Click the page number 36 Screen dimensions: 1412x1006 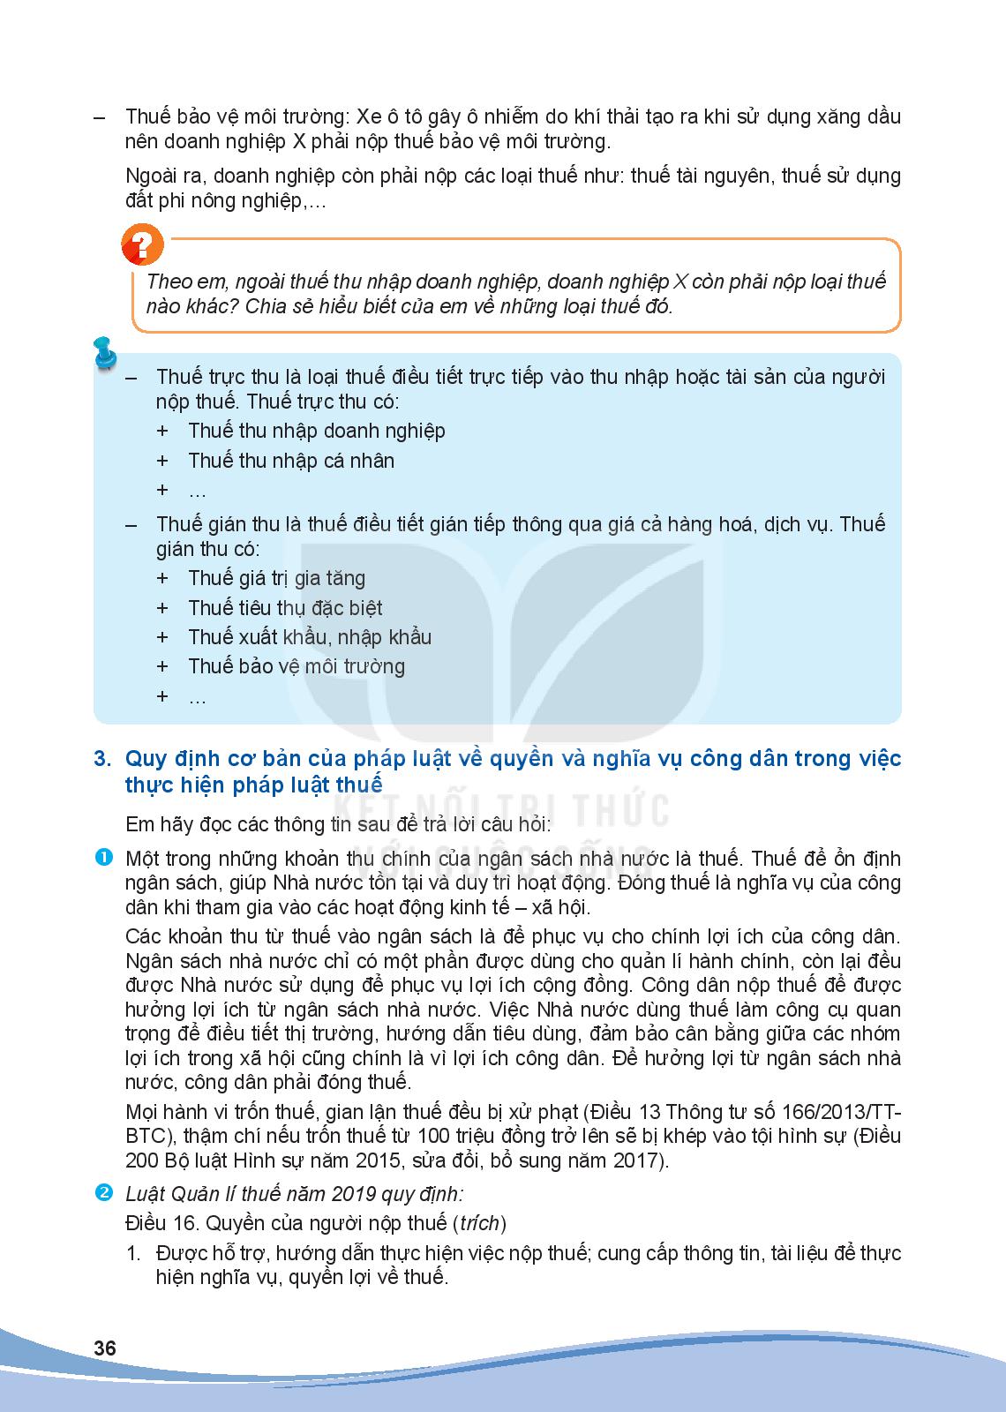click(x=105, y=1348)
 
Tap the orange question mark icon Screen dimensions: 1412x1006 click(x=142, y=244)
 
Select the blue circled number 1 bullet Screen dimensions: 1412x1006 click(x=103, y=857)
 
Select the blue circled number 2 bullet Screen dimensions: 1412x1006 click(x=103, y=1193)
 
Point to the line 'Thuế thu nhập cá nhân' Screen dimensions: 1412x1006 click(x=290, y=461)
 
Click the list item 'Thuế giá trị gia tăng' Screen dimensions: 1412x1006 click(x=276, y=578)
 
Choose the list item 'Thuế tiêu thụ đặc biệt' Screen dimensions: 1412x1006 click(x=285, y=608)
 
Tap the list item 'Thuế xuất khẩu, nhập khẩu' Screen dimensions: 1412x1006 click(x=310, y=637)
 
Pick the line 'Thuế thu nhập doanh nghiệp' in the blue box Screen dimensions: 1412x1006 click(x=316, y=431)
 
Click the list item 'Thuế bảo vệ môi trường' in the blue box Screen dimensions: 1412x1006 click(x=296, y=666)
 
